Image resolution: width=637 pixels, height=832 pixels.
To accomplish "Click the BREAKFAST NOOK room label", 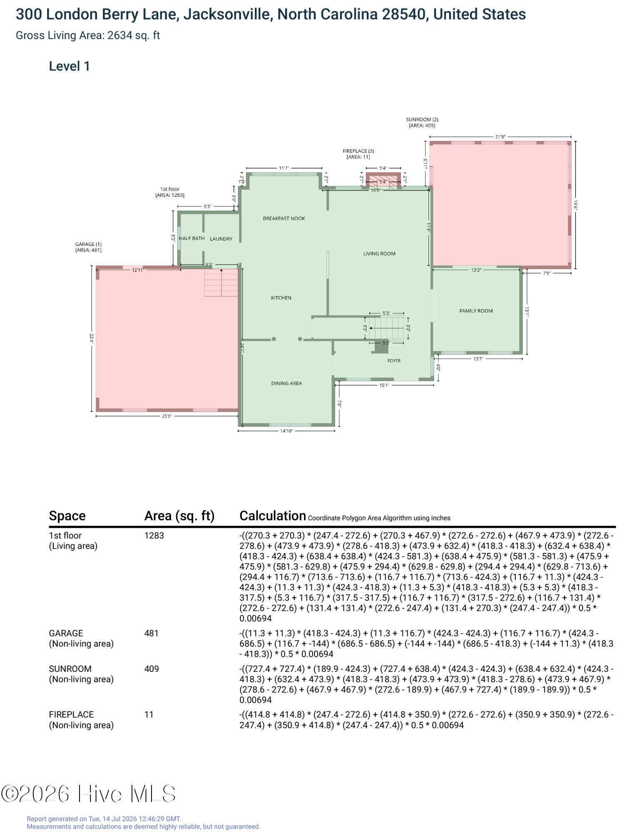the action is coord(284,218).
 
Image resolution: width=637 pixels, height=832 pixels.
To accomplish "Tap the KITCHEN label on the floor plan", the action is coord(281,298).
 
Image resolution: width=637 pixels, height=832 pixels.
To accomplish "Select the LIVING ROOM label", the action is coord(379,253).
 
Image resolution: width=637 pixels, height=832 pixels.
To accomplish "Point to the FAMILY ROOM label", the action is coord(476,311).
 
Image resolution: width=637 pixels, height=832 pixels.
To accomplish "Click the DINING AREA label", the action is coord(286,383).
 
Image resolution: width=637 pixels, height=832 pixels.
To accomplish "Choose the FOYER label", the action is coord(394,361).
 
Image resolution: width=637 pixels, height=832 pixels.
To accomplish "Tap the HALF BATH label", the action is coord(192,238).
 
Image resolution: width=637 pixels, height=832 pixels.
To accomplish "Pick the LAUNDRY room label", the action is coord(221,239).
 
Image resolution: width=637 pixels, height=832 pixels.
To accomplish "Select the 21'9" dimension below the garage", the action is coord(167,416).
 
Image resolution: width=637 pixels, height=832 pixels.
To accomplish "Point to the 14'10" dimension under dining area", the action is coord(286,431).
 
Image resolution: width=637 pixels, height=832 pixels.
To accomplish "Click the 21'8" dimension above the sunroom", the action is coord(500,136).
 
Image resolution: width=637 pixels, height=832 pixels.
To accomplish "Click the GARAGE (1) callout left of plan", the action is coord(88,244).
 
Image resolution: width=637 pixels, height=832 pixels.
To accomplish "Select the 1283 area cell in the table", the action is coord(154,536).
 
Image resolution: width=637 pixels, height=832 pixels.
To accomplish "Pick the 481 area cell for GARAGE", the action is coord(151,634).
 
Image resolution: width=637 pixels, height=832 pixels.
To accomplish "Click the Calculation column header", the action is coord(273,516).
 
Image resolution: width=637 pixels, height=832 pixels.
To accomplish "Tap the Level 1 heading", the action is coord(70,66).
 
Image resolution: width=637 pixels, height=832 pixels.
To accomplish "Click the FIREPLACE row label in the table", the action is coord(71,715).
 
